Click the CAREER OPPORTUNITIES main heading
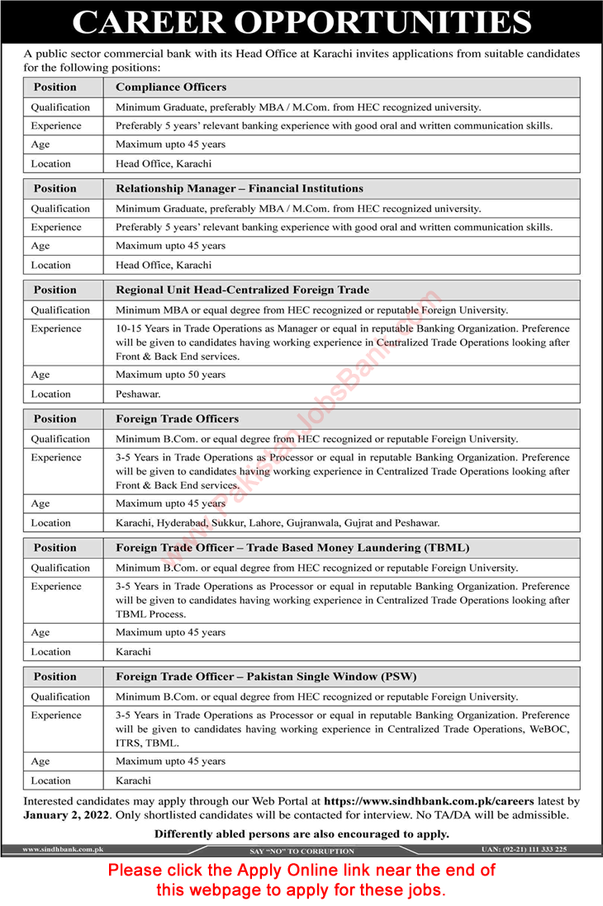pos(301,23)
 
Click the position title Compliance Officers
pos(171,87)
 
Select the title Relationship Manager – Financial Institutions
pos(240,188)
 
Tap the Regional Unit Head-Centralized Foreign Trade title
pos(242,290)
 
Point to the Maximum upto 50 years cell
pos(170,375)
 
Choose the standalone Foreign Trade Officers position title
pos(177,418)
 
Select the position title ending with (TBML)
pos(269,547)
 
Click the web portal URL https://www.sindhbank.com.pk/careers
pos(430,800)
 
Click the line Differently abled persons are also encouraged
pos(301,833)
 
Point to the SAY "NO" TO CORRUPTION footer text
pos(301,851)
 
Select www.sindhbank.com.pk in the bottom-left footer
pos(56,849)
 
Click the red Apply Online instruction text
pos(301,880)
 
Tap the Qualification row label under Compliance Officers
pos(60,107)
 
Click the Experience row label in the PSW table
pos(56,715)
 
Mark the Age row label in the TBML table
pos(40,633)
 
